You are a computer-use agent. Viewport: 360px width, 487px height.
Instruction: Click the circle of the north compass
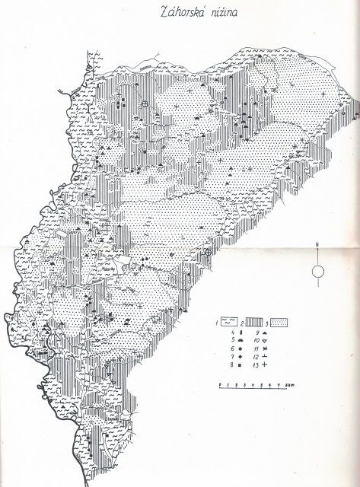point(320,272)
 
